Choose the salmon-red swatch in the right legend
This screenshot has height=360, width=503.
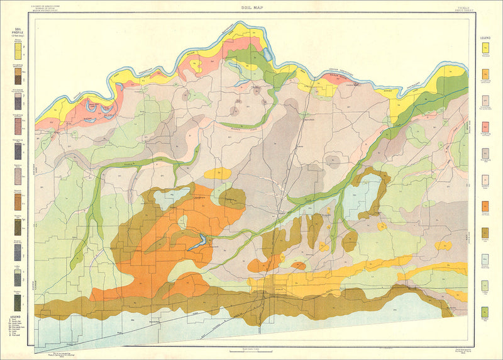485,127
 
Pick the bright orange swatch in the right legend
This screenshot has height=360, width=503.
485,206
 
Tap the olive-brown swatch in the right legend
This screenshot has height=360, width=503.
485,233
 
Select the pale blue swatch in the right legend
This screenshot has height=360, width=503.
485,259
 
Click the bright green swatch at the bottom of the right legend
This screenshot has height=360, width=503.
485,312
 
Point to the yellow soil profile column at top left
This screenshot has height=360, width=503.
16,52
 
